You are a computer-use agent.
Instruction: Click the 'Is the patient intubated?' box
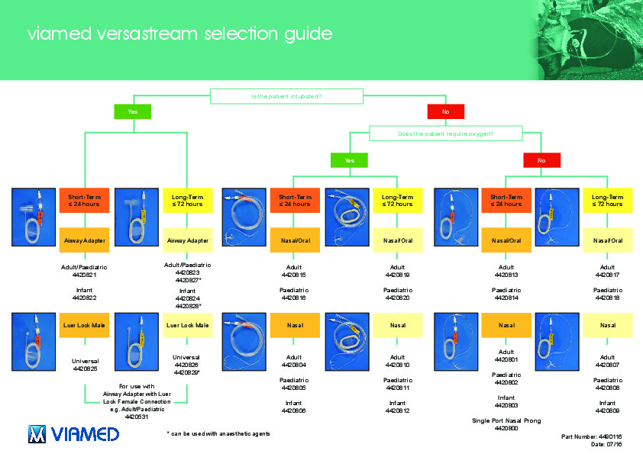tap(286, 96)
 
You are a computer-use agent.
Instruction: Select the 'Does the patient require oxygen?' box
tap(445, 134)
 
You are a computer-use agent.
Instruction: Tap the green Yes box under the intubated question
tap(133, 112)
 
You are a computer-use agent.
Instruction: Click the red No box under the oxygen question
tap(541, 160)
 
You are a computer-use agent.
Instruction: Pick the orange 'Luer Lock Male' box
tap(84, 326)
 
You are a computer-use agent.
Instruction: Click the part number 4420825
tap(84, 369)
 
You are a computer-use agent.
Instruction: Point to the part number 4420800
tap(506, 428)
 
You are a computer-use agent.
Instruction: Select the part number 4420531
tap(137, 417)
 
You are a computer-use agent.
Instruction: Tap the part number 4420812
tap(397, 411)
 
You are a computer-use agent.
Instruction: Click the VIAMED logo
tap(73, 434)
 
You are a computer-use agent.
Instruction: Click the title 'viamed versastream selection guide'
tap(179, 34)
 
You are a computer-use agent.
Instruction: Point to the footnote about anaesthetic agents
tap(218, 433)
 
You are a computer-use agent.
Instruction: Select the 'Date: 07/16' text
tap(607, 443)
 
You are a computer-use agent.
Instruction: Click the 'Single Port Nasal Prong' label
tap(506, 420)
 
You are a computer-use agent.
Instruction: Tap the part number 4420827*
tap(187, 280)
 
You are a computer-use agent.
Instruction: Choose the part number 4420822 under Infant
tap(84, 298)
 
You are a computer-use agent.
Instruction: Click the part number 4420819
tap(397, 274)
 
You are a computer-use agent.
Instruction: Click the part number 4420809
tap(608, 411)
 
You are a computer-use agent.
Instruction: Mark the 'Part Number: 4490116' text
tap(592, 436)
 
